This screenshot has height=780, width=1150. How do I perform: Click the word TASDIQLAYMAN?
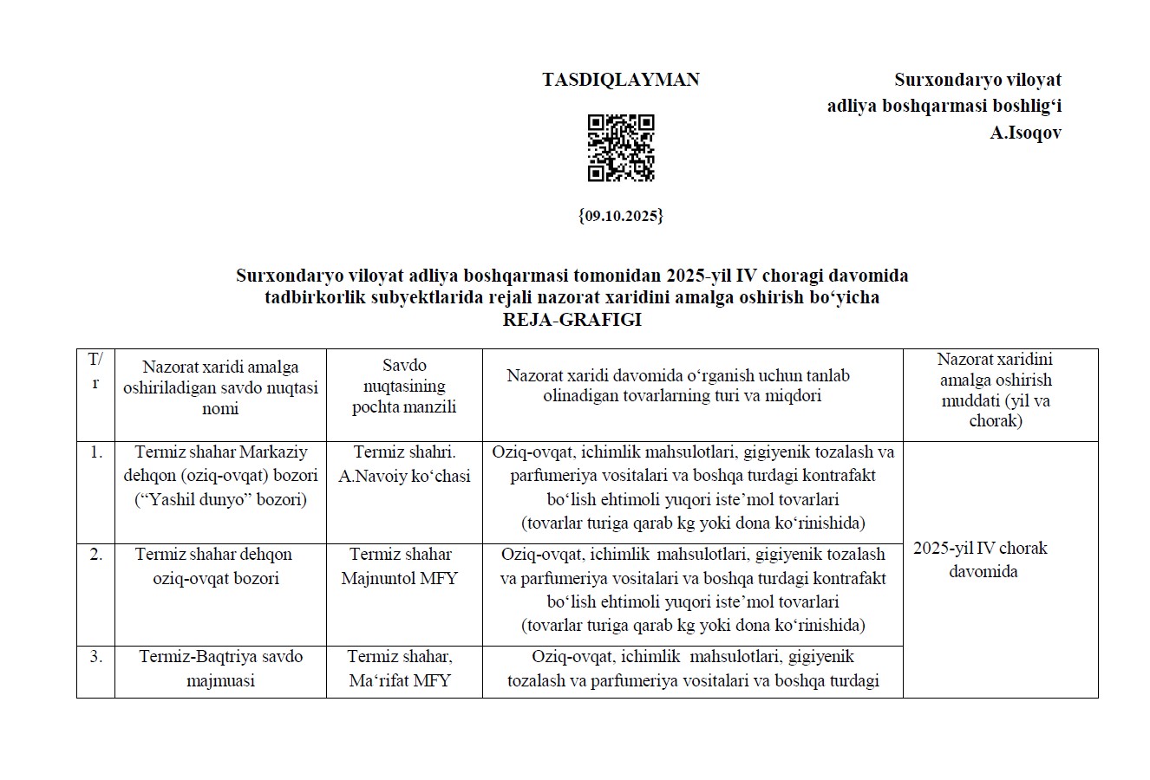point(621,80)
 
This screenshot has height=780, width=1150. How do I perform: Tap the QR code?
point(621,147)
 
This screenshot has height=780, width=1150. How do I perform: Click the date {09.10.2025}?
point(621,216)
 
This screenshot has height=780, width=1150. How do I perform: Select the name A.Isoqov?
point(1026,133)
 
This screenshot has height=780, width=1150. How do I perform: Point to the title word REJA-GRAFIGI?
point(572,320)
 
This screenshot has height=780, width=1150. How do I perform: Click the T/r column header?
point(95,371)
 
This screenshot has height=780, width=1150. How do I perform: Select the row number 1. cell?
point(95,452)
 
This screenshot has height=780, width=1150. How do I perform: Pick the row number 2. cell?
point(95,555)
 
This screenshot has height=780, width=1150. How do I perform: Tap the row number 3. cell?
point(95,657)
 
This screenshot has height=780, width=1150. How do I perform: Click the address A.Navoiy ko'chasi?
point(404,476)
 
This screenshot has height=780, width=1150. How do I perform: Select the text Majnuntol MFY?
point(400,578)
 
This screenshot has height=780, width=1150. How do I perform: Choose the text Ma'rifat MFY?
point(400,680)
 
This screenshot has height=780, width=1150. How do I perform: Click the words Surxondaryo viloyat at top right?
point(977,80)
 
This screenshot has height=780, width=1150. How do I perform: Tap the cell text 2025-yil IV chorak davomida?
point(981,560)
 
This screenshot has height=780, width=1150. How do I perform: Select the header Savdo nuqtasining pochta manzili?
point(404,387)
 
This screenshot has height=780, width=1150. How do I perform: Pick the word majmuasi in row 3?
point(220,680)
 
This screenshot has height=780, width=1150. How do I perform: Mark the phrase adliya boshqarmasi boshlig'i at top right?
point(944,107)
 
